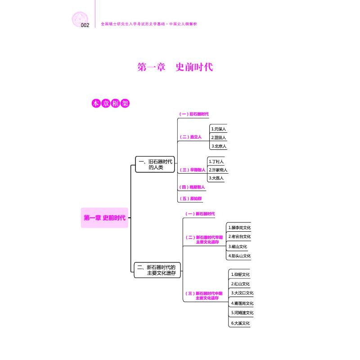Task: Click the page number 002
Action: point(85,25)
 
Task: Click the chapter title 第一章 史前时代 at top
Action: point(175,67)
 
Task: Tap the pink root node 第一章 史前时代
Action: point(104,218)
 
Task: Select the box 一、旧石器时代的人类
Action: point(155,164)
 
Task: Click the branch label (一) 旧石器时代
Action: point(194,114)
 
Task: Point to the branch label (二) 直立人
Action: point(190,137)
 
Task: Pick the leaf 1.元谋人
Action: point(219,129)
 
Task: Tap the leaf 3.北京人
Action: point(219,146)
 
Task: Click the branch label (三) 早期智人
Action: point(192,170)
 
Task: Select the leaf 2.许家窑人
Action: point(218,170)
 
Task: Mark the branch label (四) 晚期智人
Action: point(192,187)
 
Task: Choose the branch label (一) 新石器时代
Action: point(200,214)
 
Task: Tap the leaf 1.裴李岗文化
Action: point(239,228)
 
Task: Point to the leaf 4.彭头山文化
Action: point(239,256)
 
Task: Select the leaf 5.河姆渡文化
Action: point(242,313)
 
